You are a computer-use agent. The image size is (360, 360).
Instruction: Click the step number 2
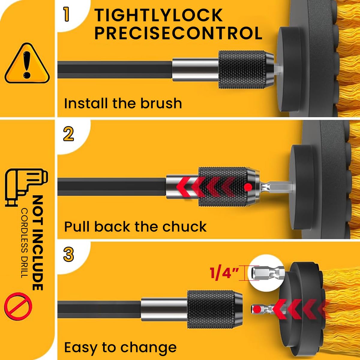tap(68, 134)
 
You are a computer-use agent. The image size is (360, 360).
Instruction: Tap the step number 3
tap(68, 255)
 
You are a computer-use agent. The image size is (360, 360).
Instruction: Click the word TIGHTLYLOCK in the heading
tap(158, 15)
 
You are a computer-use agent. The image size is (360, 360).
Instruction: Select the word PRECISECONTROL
tap(178, 33)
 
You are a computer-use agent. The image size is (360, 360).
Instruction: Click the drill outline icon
tap(26, 186)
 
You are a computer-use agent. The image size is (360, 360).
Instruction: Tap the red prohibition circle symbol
tap(18, 306)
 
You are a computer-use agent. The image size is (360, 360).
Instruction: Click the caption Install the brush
tap(123, 103)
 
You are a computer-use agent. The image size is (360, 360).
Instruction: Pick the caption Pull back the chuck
tap(135, 226)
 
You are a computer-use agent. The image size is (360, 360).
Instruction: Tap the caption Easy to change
tap(120, 347)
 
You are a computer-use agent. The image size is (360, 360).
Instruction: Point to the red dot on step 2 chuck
tap(248, 187)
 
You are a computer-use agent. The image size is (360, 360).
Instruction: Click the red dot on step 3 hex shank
tap(257, 308)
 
